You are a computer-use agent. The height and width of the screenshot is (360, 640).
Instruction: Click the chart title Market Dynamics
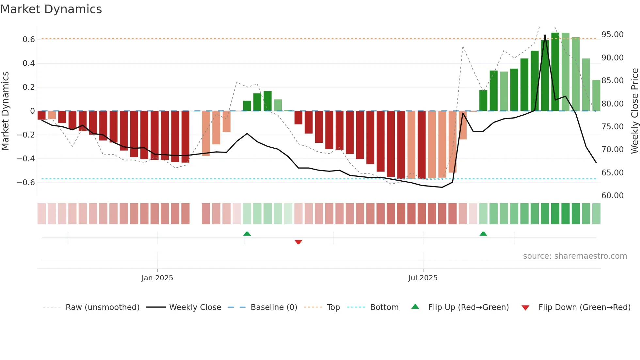point(51,9)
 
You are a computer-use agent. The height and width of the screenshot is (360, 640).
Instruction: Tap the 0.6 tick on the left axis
point(29,40)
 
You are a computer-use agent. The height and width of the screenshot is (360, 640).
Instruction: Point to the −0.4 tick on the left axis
point(26,159)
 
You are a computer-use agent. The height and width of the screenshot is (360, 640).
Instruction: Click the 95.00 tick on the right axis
point(612,35)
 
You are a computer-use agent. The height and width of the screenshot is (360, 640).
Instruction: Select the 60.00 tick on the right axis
point(612,196)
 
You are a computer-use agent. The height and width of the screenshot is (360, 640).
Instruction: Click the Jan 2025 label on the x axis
point(157,278)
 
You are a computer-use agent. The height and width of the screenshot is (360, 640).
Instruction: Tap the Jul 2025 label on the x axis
point(423,278)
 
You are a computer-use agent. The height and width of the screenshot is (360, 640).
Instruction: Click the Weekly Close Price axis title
point(634,111)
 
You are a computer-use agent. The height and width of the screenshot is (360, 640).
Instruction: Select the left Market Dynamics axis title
point(5,111)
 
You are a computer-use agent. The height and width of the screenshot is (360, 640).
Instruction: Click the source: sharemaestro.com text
point(575,256)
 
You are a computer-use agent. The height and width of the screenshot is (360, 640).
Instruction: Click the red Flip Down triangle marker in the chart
point(298,242)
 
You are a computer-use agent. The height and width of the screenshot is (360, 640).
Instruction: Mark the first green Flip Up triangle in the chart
point(247,234)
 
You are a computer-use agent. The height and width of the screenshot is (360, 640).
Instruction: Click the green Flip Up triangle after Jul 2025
point(483,234)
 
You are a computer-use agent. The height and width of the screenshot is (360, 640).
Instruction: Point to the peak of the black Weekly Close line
point(545,35)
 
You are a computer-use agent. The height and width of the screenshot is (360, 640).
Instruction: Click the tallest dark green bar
point(555,72)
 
